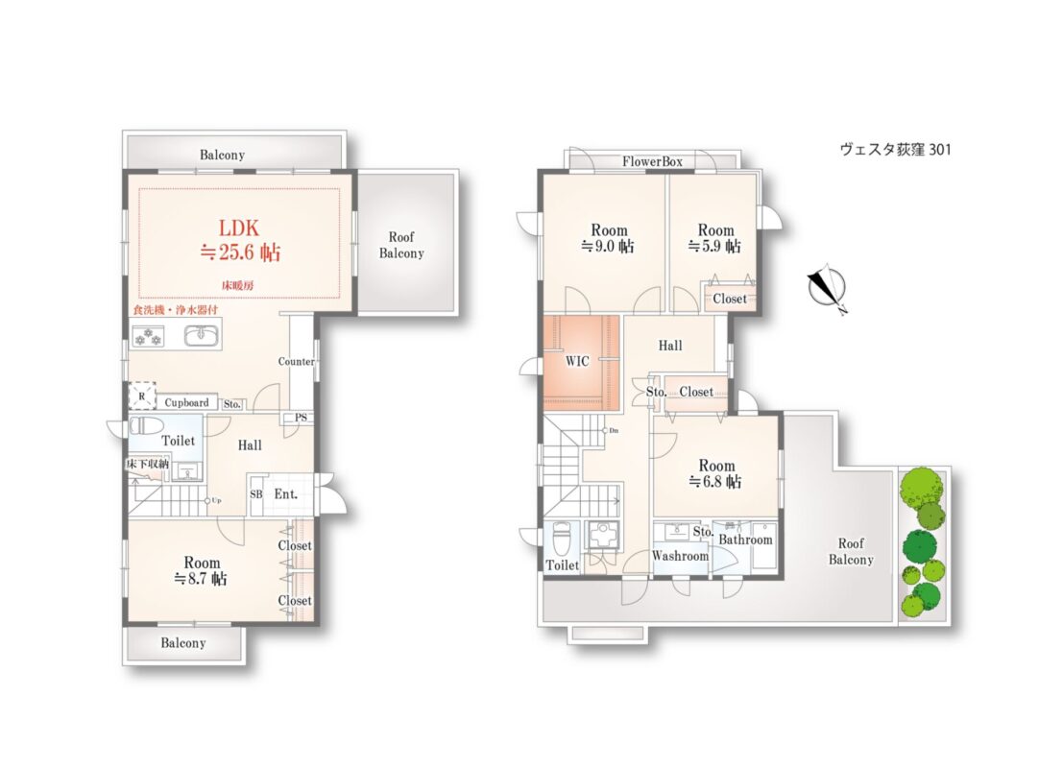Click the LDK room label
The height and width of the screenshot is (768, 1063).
pyautogui.click(x=239, y=228)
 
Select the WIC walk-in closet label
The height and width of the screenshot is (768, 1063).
pyautogui.click(x=577, y=361)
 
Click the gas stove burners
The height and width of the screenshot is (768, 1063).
pyautogui.click(x=149, y=336)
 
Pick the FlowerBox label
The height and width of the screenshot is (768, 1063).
pyautogui.click(x=652, y=161)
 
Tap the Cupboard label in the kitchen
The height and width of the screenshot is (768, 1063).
pyautogui.click(x=186, y=402)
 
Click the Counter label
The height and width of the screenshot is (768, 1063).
pyautogui.click(x=297, y=361)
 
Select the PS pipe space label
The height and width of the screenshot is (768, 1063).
pyautogui.click(x=301, y=418)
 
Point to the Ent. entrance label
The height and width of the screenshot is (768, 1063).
pyautogui.click(x=285, y=494)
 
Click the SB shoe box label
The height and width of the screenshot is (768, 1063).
pyautogui.click(x=256, y=494)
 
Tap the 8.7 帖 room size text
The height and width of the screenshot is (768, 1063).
pyautogui.click(x=200, y=579)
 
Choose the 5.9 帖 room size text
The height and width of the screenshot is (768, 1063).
pyautogui.click(x=714, y=246)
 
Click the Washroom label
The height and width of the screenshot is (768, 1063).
pyautogui.click(x=680, y=556)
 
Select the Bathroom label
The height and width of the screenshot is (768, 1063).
pyautogui.click(x=745, y=540)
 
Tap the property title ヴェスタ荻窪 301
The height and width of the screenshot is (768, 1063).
pyautogui.click(x=896, y=149)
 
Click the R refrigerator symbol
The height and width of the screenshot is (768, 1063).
pyautogui.click(x=142, y=396)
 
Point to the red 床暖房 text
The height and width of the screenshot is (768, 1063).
pyautogui.click(x=238, y=285)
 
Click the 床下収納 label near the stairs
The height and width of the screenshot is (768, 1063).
pyautogui.click(x=147, y=465)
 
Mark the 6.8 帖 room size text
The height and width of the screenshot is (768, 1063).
pyautogui.click(x=716, y=482)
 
